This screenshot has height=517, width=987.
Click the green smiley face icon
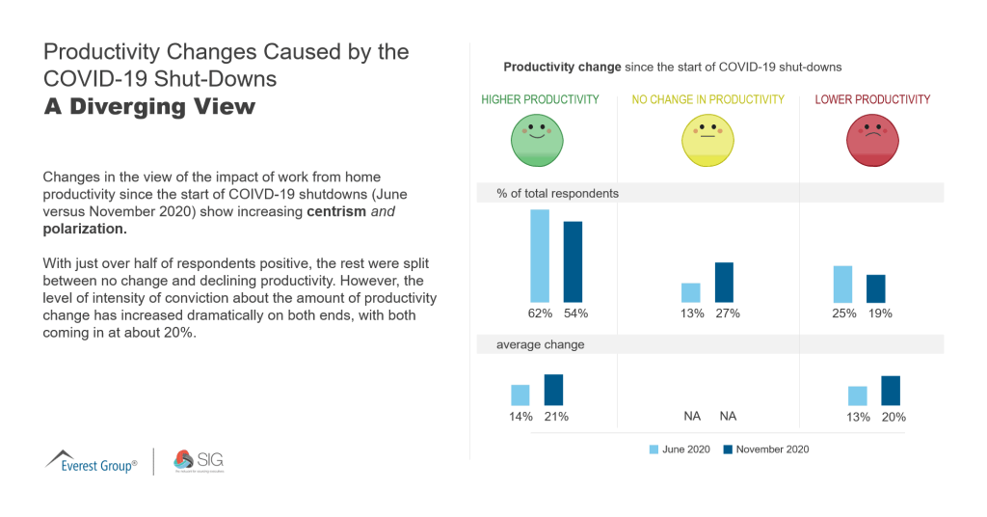tap(540, 140)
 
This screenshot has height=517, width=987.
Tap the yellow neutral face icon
tap(707, 140)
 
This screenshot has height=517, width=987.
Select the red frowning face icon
tap(872, 140)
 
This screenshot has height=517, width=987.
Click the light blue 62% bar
tap(540, 256)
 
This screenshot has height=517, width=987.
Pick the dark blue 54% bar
tap(573, 261)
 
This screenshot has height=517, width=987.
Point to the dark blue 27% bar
tap(724, 282)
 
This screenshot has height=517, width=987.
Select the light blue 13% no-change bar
tap(690, 292)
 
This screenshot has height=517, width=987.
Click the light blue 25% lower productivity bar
tap(842, 284)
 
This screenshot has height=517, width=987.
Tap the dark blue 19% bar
tap(875, 288)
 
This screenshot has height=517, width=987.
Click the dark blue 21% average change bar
tap(553, 390)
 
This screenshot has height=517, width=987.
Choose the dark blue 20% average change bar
tap(890, 391)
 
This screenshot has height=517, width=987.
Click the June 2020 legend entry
tap(681, 449)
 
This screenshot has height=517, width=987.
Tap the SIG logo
tap(198, 461)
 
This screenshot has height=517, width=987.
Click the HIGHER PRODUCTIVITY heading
tap(540, 99)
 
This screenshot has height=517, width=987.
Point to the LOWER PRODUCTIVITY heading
tap(872, 99)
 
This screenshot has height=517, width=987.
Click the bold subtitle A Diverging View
tap(149, 106)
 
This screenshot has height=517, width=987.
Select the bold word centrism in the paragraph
tap(336, 211)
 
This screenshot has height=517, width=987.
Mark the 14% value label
tap(520, 417)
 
